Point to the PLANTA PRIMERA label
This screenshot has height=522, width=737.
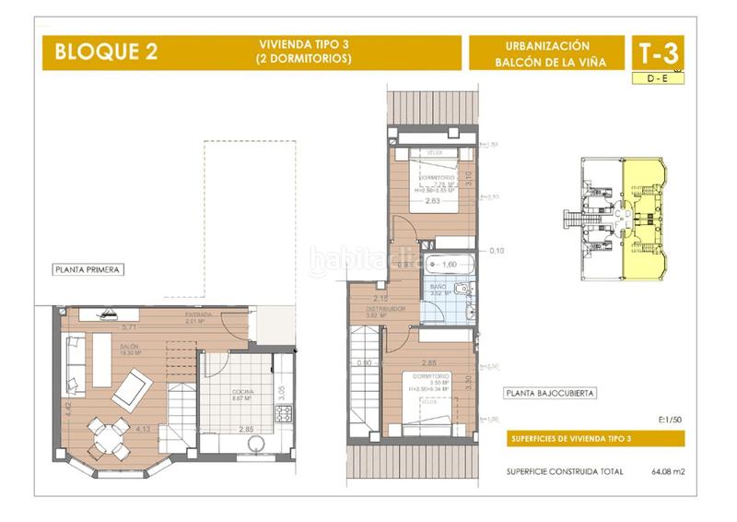(88, 270)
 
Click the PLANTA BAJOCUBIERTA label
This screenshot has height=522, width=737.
(550, 392)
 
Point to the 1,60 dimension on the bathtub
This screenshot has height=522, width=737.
(450, 265)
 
